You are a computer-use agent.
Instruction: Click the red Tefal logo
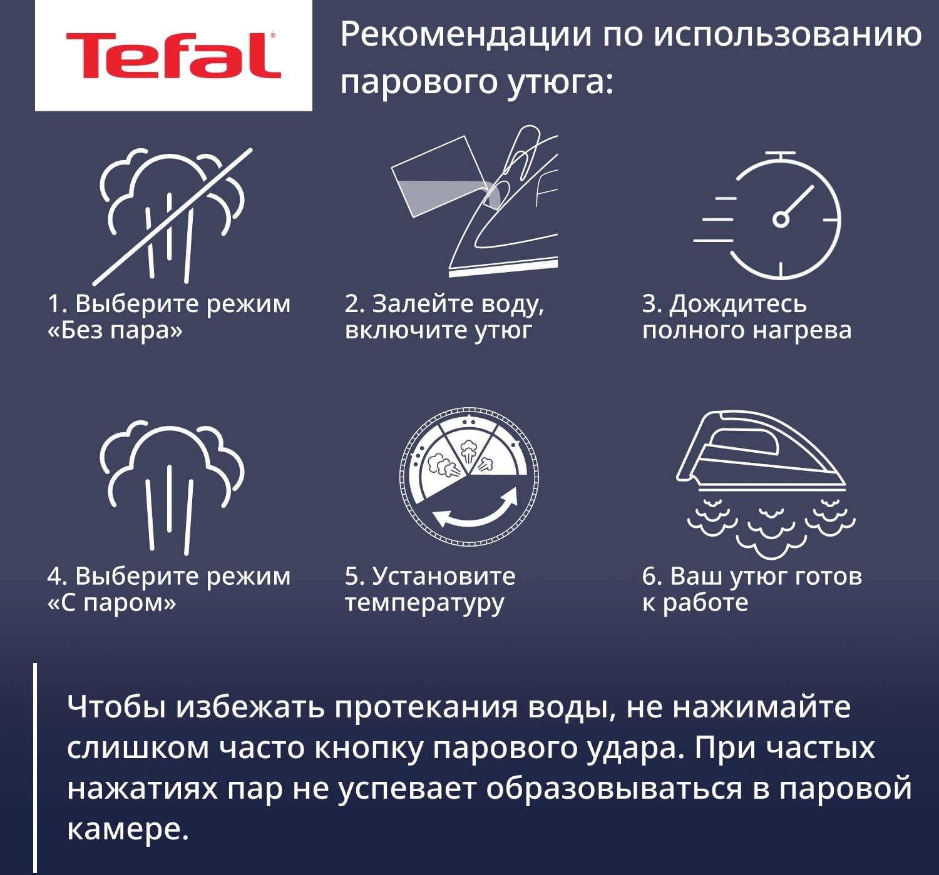(173, 56)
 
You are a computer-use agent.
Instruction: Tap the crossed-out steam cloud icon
(172, 216)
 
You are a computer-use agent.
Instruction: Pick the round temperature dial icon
(469, 477)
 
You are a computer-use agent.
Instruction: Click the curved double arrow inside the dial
(476, 510)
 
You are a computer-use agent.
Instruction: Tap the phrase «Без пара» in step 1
(115, 330)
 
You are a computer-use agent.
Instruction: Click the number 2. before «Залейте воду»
(355, 304)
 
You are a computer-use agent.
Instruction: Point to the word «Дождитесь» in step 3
(738, 304)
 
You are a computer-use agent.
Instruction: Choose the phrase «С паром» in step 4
(112, 603)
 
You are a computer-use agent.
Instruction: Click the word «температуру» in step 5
(424, 603)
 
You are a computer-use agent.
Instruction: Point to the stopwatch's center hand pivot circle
(781, 220)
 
